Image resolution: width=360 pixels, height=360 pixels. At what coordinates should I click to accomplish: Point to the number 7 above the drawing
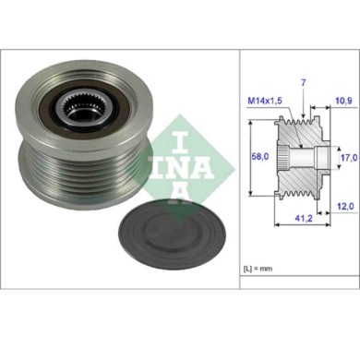click(x=301, y=83)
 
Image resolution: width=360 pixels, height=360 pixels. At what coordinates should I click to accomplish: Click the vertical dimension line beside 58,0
click(x=272, y=156)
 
